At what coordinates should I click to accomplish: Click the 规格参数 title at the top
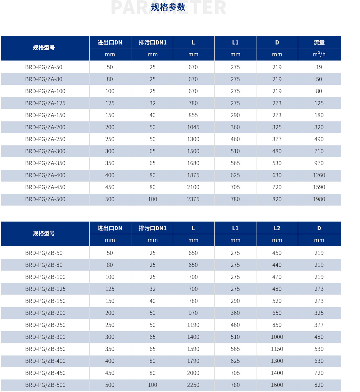168,7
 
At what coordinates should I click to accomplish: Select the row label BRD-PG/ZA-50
44,67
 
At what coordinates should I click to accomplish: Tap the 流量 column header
319,42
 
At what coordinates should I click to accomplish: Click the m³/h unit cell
319,54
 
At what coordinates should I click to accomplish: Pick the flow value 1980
319,199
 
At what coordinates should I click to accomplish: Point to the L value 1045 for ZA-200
193,127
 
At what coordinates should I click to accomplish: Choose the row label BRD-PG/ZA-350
45,163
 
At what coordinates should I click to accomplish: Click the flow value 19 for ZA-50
319,67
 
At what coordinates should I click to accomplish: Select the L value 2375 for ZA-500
193,199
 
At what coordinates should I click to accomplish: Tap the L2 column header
277,228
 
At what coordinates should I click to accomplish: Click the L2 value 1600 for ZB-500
277,385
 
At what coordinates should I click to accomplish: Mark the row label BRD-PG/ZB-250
45,325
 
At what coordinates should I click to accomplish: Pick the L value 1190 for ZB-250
193,325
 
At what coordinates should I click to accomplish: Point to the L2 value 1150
277,349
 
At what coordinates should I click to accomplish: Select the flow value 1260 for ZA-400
319,175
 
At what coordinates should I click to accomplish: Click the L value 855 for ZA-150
193,115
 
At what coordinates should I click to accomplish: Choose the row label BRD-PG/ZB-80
44,265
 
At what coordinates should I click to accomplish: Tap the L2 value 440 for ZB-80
277,265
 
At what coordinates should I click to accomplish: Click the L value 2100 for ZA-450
193,187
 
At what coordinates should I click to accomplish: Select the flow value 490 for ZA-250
319,139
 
